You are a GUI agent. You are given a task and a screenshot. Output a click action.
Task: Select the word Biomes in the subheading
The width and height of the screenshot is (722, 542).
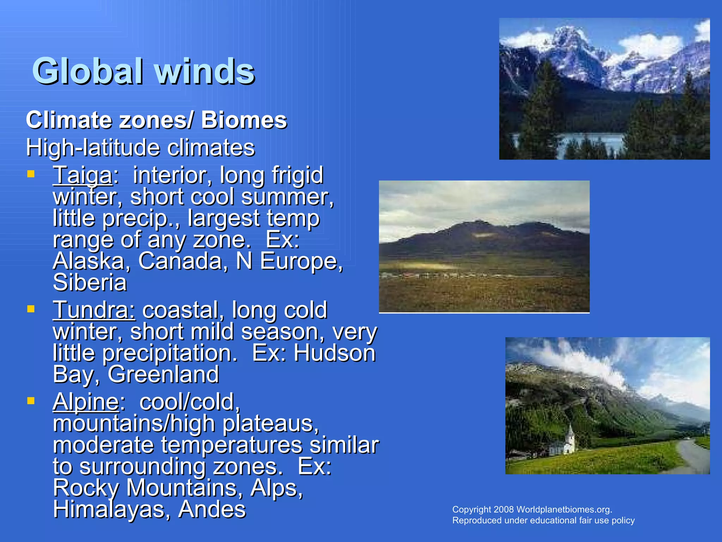click(x=244, y=120)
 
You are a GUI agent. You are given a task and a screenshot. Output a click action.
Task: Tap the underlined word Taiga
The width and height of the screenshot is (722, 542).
click(x=82, y=175)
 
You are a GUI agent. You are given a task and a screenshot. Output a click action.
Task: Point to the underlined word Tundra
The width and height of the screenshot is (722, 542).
click(x=94, y=310)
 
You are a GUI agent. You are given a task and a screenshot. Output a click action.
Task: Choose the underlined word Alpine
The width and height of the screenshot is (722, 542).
click(x=86, y=402)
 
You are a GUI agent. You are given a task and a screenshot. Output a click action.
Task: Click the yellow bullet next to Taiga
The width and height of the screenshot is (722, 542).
click(x=31, y=174)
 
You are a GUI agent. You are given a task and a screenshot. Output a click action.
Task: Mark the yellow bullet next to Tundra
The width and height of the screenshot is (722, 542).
click(x=31, y=309)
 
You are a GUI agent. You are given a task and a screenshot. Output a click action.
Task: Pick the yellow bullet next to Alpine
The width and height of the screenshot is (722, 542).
click(x=31, y=401)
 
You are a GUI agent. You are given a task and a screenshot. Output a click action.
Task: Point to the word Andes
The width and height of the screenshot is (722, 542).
click(x=212, y=509)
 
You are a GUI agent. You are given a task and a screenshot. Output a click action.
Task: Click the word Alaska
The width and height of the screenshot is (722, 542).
click(x=89, y=261)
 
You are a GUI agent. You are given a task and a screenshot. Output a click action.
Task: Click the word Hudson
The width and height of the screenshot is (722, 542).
click(x=335, y=353)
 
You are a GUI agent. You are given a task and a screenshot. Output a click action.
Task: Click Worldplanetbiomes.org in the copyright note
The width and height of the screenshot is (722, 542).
click(x=564, y=510)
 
